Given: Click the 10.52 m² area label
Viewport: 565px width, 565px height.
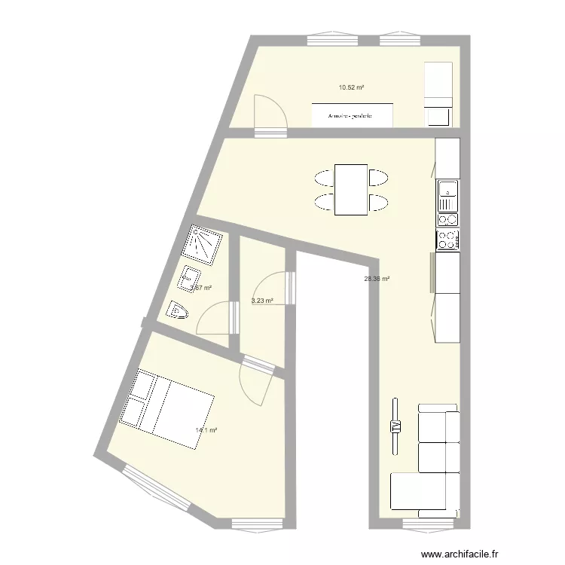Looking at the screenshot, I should (351, 87).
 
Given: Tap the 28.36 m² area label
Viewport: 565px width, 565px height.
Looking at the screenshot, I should (376, 279).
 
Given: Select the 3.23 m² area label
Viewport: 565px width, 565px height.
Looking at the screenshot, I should (261, 301).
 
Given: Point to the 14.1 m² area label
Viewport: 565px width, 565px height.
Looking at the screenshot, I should (206, 431).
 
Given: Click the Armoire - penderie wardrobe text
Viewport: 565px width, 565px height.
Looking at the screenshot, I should (351, 116).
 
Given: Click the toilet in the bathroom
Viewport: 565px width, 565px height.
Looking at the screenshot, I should (177, 310).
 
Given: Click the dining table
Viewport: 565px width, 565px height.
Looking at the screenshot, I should (351, 189).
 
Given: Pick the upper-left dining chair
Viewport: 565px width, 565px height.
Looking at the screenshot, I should (324, 178).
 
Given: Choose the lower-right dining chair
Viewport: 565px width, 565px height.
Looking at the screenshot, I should (378, 202).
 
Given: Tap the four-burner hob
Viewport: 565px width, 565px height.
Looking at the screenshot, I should (448, 240).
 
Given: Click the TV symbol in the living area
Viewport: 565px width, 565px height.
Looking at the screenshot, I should (395, 426).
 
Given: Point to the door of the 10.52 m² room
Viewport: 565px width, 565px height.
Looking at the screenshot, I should (270, 115).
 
